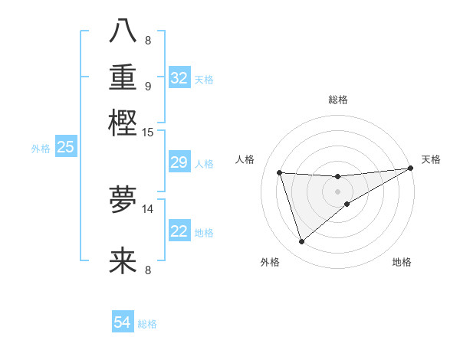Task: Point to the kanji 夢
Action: [x=123, y=200]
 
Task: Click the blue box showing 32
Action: [x=179, y=78]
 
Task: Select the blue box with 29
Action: [x=179, y=162]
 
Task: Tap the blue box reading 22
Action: [x=179, y=231]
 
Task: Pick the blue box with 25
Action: [x=65, y=147]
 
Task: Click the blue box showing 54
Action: [x=123, y=322]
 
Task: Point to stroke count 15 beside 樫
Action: [x=148, y=133]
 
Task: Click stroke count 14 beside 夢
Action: [x=148, y=208]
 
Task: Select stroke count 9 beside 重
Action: [x=148, y=85]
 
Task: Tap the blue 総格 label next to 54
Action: [x=147, y=324]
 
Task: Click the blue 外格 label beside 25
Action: [x=41, y=149]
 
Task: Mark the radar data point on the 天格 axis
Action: [x=410, y=169]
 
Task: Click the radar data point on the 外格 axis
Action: [x=301, y=242]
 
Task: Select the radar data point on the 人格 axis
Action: [x=280, y=172]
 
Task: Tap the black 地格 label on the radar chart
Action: [x=402, y=263]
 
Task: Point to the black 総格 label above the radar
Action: [x=337, y=100]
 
